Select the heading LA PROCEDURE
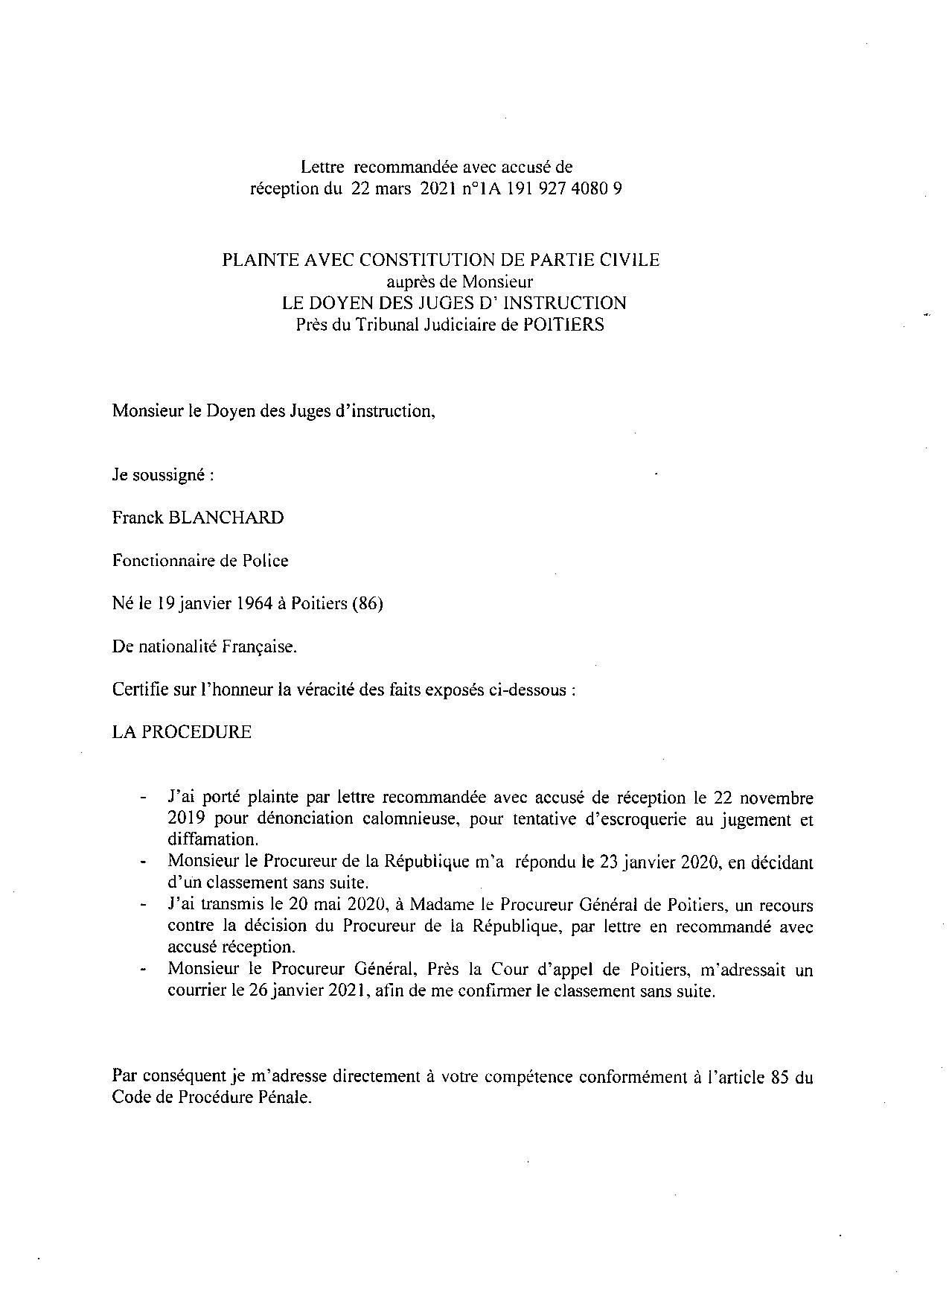point(182,731)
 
